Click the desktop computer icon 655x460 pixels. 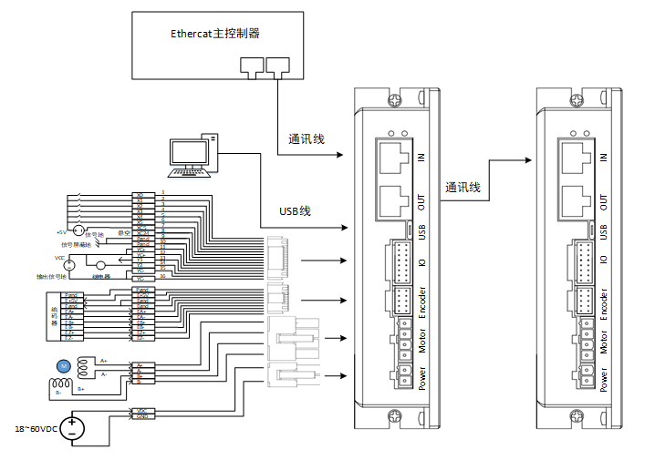pos(195,155)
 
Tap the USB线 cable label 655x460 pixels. pos(295,210)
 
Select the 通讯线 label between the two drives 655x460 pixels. pos(463,187)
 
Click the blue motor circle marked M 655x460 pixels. pos(63,365)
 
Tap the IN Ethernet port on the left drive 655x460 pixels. pos(394,153)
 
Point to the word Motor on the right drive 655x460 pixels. pos(604,343)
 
